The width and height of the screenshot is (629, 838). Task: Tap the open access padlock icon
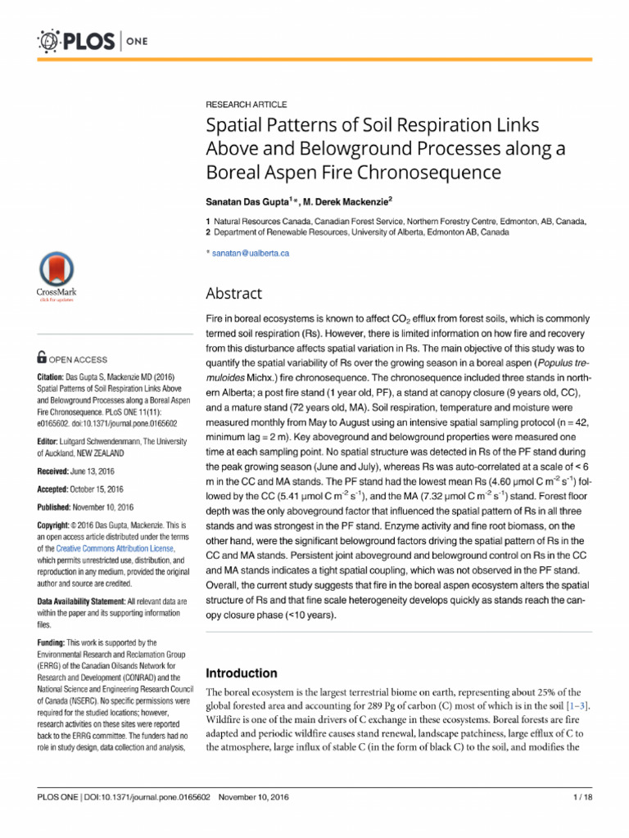pyautogui.click(x=43, y=358)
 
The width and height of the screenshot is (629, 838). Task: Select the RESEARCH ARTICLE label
pyautogui.click(x=246, y=105)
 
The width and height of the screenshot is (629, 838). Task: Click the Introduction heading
pyautogui.click(x=241, y=674)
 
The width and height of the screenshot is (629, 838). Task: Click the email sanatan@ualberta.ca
pyautogui.click(x=251, y=253)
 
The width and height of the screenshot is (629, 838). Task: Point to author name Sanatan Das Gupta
pyautogui.click(x=247, y=201)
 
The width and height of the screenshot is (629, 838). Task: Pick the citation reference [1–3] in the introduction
pyautogui.click(x=576, y=705)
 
